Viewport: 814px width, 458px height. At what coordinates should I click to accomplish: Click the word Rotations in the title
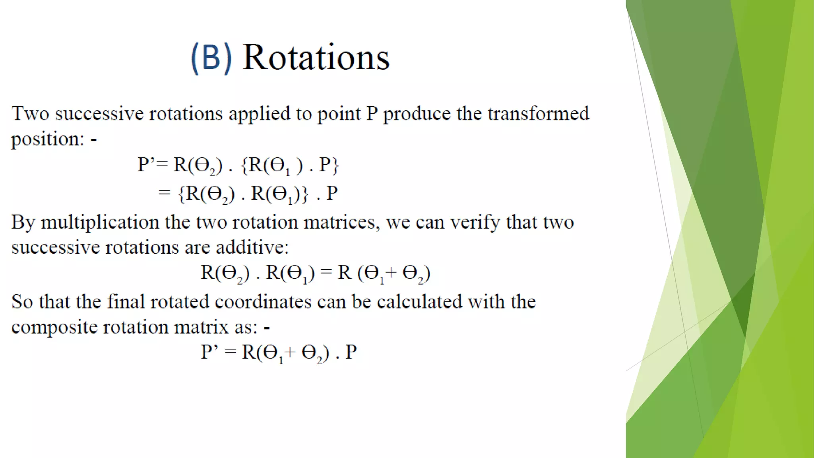(316, 58)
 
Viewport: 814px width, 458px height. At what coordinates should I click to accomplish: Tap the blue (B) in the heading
(211, 58)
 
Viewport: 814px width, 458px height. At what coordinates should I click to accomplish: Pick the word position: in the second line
(48, 140)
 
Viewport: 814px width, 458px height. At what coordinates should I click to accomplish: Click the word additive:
(252, 247)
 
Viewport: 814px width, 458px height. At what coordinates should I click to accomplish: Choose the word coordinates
(263, 302)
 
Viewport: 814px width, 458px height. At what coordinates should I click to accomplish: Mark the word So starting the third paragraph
(22, 302)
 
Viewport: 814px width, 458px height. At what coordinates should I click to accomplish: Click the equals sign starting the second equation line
(164, 193)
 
